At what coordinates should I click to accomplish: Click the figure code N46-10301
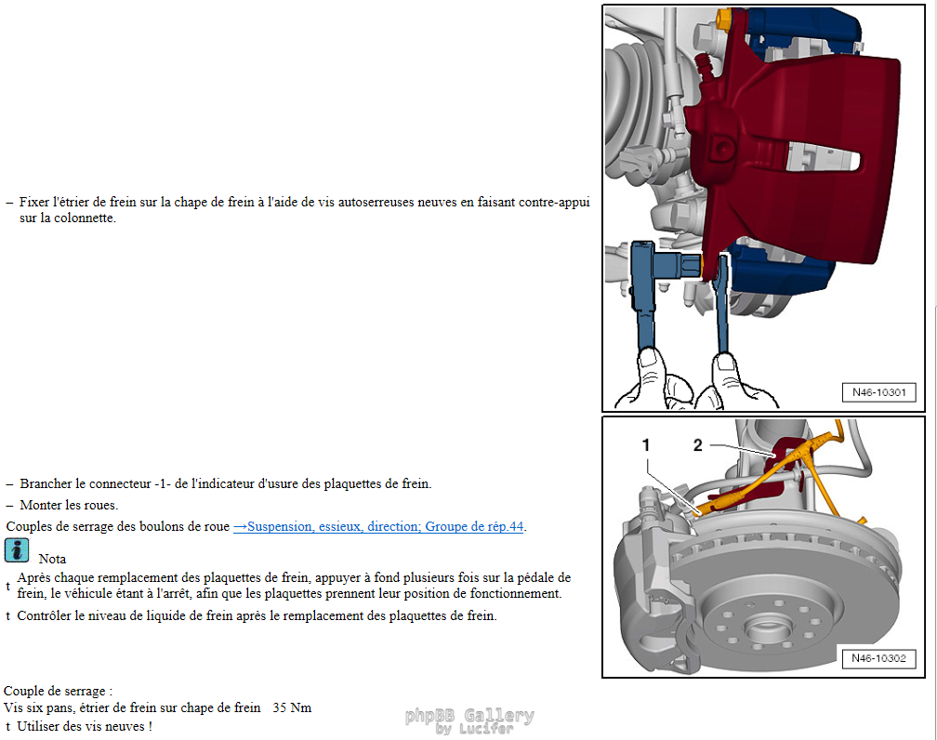878,392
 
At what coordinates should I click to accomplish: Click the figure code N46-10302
878,658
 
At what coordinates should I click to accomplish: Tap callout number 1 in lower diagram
645,445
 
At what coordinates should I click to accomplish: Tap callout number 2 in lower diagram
698,445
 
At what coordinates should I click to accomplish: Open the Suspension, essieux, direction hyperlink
378,526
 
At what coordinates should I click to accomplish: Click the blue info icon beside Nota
17,550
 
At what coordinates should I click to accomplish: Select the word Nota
53,559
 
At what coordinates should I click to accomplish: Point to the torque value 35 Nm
292,707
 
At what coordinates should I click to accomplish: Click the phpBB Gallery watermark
469,720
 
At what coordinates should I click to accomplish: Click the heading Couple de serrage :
58,691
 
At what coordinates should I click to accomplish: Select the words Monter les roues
69,505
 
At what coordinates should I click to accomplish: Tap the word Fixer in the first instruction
34,202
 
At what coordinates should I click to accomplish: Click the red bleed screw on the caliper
705,64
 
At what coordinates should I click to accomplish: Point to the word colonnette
84,218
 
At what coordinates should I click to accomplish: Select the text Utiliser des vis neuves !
85,727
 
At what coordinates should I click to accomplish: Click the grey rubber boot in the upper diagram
632,101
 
